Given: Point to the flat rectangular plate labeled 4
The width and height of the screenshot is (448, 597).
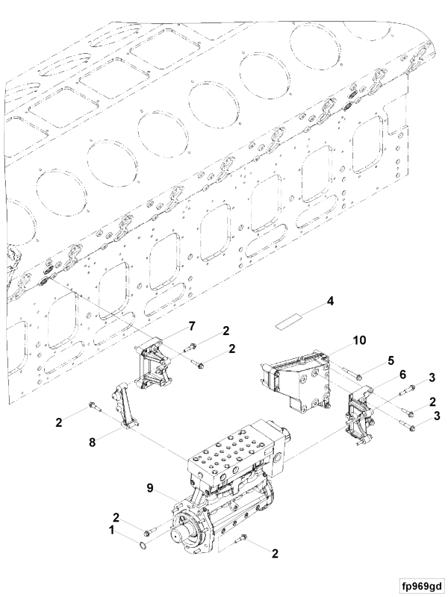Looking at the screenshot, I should (289, 323).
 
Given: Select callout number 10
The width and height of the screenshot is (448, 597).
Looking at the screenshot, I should (359, 340).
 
